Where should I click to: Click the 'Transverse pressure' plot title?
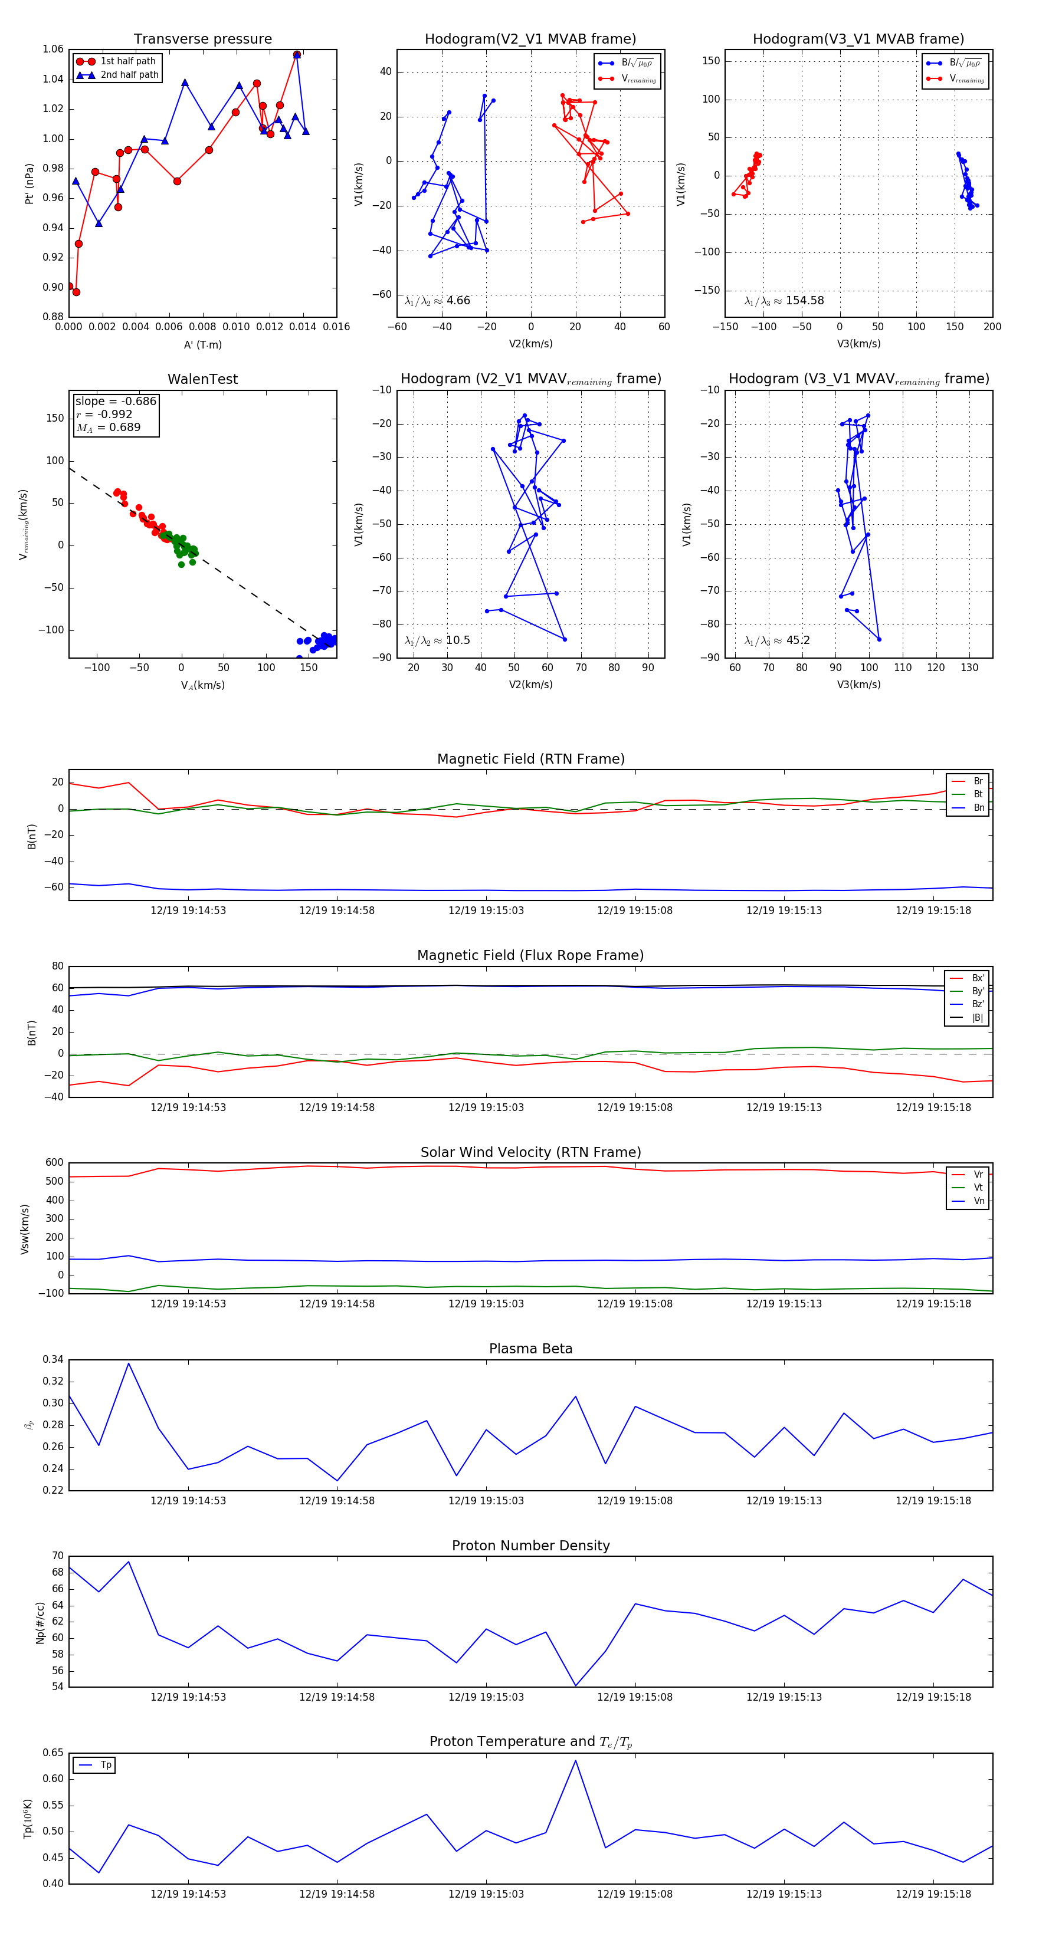pyautogui.click(x=202, y=40)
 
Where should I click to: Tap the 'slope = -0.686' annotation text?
pyautogui.click(x=116, y=401)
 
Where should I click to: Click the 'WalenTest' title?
pyautogui.click(x=202, y=379)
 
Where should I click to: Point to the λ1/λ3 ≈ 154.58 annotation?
pyautogui.click(x=784, y=301)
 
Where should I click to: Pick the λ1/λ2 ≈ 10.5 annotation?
pyautogui.click(x=437, y=640)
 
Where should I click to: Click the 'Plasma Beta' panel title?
pyautogui.click(x=530, y=1349)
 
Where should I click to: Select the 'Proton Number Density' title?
pyautogui.click(x=530, y=1545)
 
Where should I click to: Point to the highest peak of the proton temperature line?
pyautogui.click(x=575, y=1761)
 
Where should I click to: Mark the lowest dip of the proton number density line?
pyautogui.click(x=575, y=1685)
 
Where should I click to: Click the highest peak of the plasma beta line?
pyautogui.click(x=129, y=1363)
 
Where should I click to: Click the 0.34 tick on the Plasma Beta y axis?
pyautogui.click(x=53, y=1360)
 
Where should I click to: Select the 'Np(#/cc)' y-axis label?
pyautogui.click(x=40, y=1622)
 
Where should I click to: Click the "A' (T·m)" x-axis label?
pyautogui.click(x=202, y=344)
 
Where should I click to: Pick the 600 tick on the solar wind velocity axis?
pyautogui.click(x=54, y=1163)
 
